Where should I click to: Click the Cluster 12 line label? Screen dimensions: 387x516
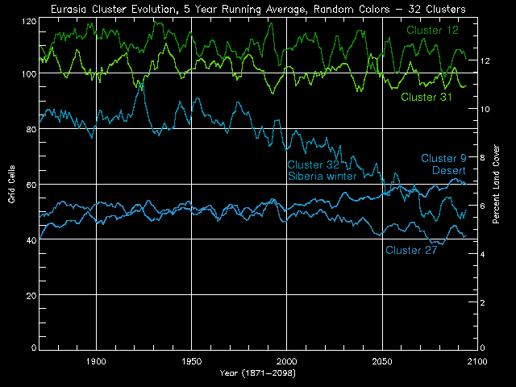(432, 30)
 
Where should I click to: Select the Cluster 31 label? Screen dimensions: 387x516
(426, 98)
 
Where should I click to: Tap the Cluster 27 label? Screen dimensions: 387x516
(411, 250)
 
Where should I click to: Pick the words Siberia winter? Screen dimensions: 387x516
(322, 177)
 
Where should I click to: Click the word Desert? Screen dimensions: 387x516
(450, 170)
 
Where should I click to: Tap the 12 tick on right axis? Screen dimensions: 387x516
(485, 60)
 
